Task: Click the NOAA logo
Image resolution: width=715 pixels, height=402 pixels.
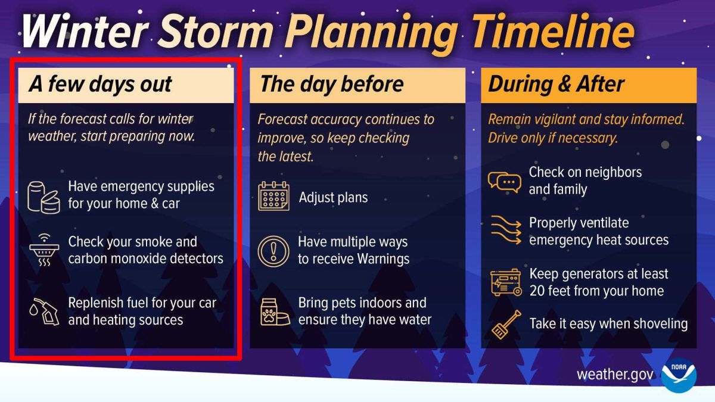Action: [679, 375]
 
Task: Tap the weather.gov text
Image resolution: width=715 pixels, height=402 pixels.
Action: [615, 375]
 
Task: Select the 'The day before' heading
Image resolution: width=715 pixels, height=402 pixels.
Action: [332, 84]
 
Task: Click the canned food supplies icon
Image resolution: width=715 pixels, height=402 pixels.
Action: [43, 195]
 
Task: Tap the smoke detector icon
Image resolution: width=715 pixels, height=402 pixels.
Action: [43, 251]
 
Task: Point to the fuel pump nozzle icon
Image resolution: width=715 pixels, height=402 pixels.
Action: [43, 311]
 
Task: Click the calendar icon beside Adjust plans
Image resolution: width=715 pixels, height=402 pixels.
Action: [273, 197]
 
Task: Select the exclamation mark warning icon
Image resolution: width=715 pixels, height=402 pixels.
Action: [273, 251]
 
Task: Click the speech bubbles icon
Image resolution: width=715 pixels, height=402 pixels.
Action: [504, 181]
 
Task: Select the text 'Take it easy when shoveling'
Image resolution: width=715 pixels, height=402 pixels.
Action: [608, 324]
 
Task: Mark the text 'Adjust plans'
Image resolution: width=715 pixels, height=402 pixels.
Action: [333, 198]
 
